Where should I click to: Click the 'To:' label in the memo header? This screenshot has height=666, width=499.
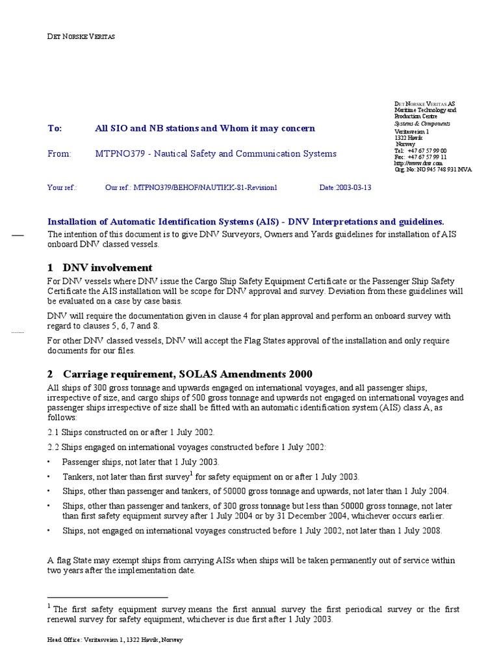point(55,129)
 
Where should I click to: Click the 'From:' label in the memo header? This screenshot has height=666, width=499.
point(58,154)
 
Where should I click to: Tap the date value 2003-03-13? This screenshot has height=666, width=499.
point(354,187)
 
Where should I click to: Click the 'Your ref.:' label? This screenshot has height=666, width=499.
point(62,187)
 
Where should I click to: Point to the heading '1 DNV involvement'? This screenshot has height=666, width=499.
point(100,267)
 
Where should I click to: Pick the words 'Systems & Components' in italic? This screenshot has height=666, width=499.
point(422,124)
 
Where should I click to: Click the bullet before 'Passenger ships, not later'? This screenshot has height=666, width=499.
point(50,462)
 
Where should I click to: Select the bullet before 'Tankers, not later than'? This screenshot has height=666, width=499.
point(50,477)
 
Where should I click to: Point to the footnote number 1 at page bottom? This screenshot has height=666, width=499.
point(49,606)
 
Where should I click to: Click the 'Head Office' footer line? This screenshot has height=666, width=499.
point(115,640)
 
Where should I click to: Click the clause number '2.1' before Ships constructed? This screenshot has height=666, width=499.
point(54,433)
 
